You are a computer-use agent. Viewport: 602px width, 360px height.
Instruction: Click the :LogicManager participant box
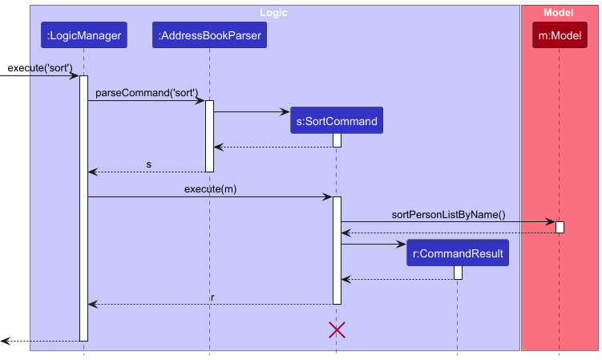point(83,35)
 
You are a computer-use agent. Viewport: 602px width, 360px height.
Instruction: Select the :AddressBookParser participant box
point(209,35)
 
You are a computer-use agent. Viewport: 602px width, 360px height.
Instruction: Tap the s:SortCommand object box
point(336,121)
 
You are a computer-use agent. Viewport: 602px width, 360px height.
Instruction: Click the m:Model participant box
point(559,35)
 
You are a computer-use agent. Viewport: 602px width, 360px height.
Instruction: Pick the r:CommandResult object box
point(457,254)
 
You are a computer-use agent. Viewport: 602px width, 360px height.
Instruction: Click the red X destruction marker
point(337,330)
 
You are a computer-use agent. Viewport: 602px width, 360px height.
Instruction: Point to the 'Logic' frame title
point(273,13)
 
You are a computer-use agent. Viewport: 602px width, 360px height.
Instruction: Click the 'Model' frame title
point(558,13)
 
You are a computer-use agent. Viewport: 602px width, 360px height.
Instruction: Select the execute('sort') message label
point(40,68)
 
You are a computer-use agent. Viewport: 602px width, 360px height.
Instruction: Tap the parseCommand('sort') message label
point(147,93)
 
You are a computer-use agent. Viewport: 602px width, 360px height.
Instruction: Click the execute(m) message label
point(210,188)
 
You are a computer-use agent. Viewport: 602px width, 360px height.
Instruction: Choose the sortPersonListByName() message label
point(448,214)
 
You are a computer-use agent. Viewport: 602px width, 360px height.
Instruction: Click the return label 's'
point(148,164)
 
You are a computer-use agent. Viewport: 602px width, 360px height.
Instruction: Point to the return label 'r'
point(212,297)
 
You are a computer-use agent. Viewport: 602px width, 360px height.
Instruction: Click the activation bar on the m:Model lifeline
point(560,227)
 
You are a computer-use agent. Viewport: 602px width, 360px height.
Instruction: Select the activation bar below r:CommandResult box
point(458,273)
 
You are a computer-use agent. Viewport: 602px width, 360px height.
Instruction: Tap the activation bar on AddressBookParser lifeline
point(209,136)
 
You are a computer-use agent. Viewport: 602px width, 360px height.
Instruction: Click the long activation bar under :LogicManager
point(83,208)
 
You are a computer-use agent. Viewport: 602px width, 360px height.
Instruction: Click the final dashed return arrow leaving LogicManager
point(40,341)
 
